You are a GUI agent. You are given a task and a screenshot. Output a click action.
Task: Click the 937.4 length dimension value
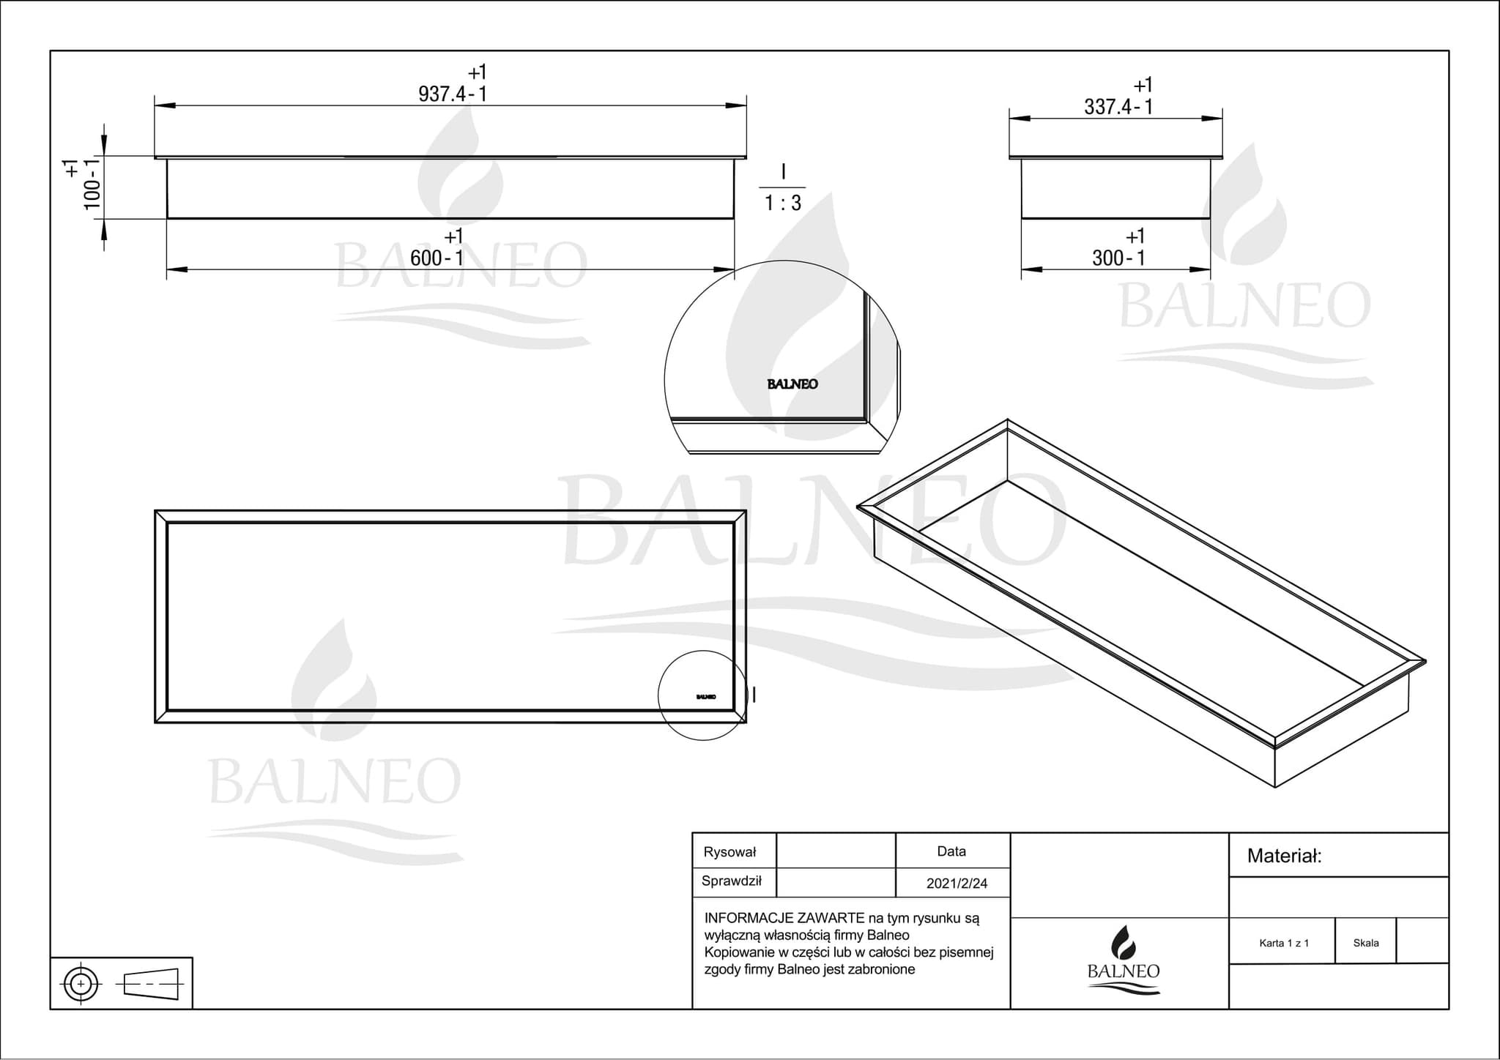452,94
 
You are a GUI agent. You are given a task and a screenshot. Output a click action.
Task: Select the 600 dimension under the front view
437,258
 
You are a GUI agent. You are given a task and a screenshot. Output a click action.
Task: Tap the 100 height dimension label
92,184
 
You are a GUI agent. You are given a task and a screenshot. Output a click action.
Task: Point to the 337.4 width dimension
1118,107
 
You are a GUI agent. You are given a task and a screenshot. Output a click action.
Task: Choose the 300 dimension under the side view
1118,258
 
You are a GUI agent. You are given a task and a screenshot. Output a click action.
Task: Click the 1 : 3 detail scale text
783,203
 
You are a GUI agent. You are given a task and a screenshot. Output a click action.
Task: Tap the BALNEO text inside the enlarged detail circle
792,384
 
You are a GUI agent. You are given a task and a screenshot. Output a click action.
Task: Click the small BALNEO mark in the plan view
706,697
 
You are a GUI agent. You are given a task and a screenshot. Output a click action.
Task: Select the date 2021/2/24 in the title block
957,884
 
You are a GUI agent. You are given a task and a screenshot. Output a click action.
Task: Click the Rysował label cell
729,852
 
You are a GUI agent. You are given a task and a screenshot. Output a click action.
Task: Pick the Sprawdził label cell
732,881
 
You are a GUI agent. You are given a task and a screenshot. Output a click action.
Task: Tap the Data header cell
951,851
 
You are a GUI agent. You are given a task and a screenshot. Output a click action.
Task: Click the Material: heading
1285,856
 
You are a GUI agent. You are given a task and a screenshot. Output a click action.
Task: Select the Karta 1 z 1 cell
1284,943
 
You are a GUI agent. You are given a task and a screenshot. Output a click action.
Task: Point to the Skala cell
1366,943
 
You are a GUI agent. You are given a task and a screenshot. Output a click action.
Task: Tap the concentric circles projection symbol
81,983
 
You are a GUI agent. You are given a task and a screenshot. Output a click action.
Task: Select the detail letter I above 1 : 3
784,172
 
